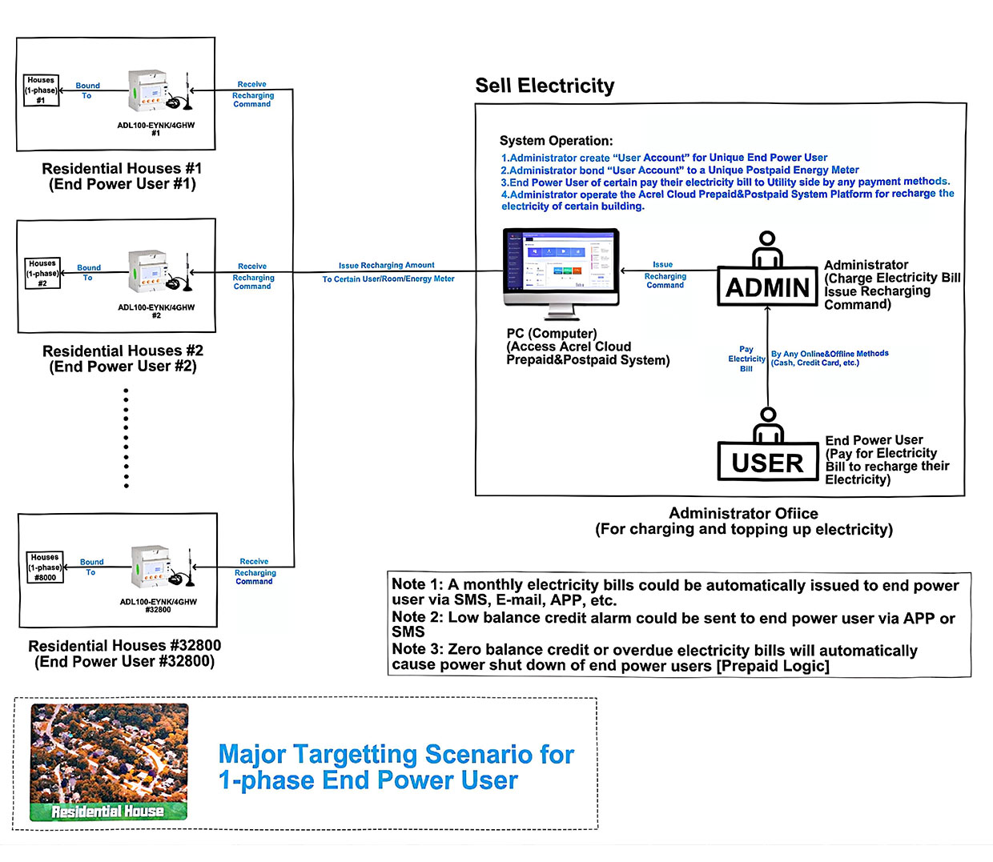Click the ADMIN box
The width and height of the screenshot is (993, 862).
point(767,287)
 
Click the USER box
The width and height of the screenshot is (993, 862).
point(767,463)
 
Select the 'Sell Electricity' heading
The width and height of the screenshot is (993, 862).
point(545,86)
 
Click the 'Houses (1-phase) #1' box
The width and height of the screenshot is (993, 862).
point(41,90)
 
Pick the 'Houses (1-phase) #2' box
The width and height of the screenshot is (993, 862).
point(42,273)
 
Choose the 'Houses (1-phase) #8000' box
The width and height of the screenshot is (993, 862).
point(45,567)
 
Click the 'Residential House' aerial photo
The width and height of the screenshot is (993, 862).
point(109,762)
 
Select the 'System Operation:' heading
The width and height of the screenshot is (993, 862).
point(556,141)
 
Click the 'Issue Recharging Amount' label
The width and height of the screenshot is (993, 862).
point(386,265)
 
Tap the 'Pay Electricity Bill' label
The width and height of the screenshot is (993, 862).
point(746,359)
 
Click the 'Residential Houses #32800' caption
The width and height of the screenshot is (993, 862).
point(125,645)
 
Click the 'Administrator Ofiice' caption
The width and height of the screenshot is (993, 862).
point(743,513)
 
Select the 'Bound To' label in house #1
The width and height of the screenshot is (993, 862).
point(87,90)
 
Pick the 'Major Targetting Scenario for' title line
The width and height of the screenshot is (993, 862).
point(396,754)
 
